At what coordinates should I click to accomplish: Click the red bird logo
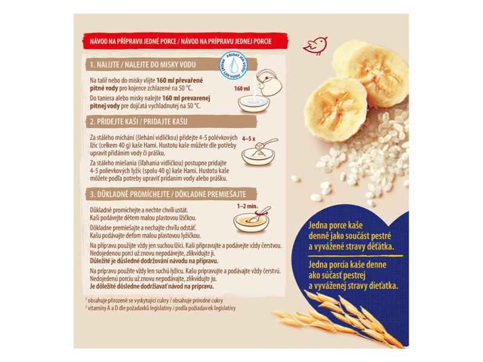click(x=315, y=46)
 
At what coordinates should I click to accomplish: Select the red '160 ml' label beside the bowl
click(x=242, y=89)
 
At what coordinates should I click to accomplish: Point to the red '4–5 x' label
click(x=249, y=139)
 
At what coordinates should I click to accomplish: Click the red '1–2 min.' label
click(x=248, y=206)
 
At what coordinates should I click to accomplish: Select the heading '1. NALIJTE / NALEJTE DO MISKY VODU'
click(x=142, y=65)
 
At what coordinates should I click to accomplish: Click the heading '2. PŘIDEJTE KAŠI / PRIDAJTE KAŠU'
click(x=139, y=122)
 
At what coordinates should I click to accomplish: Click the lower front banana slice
click(x=336, y=109)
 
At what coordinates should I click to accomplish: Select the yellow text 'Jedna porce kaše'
click(x=336, y=226)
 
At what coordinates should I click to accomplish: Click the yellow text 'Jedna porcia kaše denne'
click(x=347, y=265)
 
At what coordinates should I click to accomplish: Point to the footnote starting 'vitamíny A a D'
click(x=160, y=308)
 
